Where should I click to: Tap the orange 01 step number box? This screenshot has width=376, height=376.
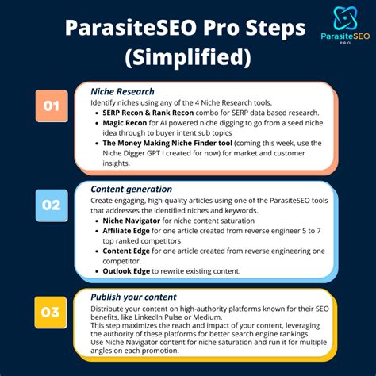(x=51, y=106)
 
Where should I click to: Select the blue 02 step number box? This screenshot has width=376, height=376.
(x=51, y=205)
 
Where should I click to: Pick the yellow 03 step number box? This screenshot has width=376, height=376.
(x=51, y=311)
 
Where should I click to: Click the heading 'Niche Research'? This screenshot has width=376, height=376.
(x=122, y=91)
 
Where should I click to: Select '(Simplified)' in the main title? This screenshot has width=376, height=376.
(x=188, y=58)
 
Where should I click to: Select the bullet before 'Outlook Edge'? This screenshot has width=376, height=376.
(x=97, y=270)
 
